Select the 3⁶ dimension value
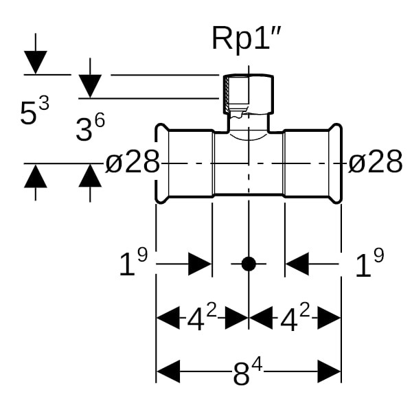click(x=90, y=127)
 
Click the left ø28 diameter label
click(x=133, y=163)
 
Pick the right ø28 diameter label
click(x=375, y=163)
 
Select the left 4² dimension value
click(x=202, y=318)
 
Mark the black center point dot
click(x=249, y=264)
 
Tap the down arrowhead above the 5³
click(x=35, y=62)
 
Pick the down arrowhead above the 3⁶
click(x=90, y=86)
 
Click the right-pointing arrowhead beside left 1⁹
click(x=199, y=264)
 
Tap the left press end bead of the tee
click(x=161, y=163)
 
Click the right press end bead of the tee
click(x=336, y=163)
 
